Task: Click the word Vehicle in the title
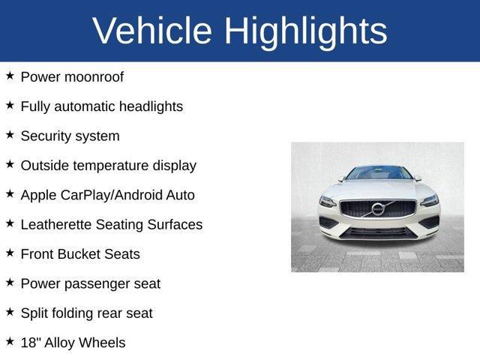tap(152, 31)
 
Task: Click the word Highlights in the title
tap(306, 31)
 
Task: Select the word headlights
tap(145, 106)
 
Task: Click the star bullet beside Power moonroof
tap(10, 76)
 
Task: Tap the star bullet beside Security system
tap(10, 135)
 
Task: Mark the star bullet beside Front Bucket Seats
tap(10, 253)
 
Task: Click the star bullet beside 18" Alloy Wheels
tap(10, 341)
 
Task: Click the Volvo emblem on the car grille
tap(378, 208)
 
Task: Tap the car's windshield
tap(379, 173)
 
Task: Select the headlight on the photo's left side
tap(328, 201)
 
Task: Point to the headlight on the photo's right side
tap(429, 200)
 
